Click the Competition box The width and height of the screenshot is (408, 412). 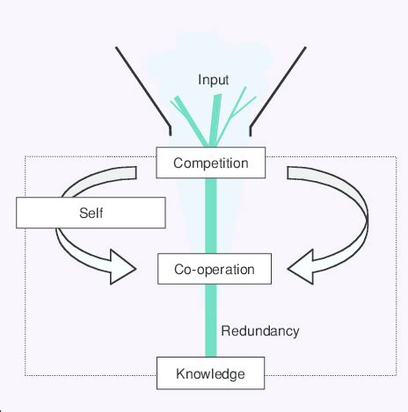click(211, 163)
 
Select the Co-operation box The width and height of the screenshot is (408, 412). click(215, 269)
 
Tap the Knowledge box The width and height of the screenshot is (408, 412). click(210, 373)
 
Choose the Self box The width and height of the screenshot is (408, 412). click(91, 213)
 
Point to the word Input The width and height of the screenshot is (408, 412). click(213, 80)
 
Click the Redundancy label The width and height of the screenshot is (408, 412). click(260, 331)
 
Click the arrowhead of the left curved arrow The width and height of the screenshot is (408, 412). click(121, 267)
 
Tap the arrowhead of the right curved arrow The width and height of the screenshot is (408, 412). click(302, 267)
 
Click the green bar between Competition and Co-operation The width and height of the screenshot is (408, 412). click(211, 216)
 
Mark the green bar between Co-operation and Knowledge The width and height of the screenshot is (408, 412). click(211, 321)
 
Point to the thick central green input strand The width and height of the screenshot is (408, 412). click(215, 120)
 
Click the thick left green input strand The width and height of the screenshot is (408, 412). click(191, 120)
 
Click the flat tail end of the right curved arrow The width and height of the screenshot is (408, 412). click(288, 173)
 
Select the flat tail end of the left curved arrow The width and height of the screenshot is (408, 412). click(135, 173)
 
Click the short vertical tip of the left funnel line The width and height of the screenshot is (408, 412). click(170, 131)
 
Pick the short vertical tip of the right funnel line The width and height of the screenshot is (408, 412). click(251, 132)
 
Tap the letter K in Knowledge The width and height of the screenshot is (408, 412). click(180, 373)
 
